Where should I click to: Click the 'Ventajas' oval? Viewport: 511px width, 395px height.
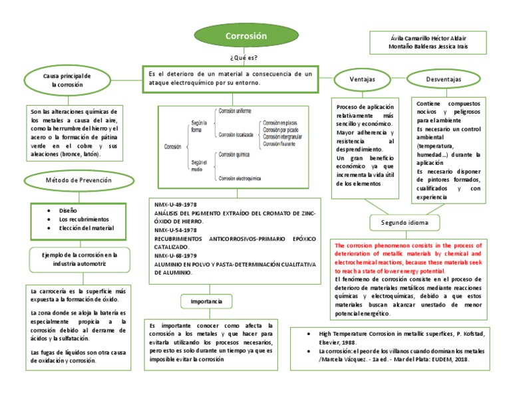click(362, 80)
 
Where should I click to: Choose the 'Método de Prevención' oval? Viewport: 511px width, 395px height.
click(78, 180)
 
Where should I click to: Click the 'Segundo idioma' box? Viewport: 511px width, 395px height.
click(409, 222)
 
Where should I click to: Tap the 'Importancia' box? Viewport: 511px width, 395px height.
click(206, 301)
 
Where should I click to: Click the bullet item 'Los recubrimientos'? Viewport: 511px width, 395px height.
click(83, 219)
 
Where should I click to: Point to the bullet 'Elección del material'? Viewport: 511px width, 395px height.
click(86, 228)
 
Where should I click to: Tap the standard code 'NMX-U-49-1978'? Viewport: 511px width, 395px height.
click(175, 204)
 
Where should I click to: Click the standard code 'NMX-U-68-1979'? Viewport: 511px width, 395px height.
click(175, 255)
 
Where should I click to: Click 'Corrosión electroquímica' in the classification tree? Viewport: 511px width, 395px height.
click(240, 178)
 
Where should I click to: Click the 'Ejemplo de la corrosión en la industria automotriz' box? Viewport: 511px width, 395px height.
click(79, 259)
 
